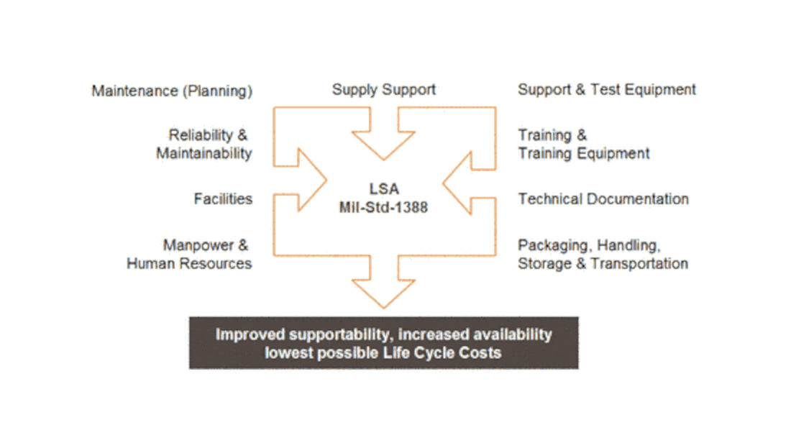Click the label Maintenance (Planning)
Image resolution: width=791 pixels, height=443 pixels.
pos(172,91)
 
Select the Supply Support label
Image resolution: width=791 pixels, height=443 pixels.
pos(384,90)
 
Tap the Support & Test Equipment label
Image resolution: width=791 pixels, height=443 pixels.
pos(607,90)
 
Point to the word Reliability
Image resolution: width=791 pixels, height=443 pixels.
pos(201,135)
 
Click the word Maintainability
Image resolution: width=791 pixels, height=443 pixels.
pos(204,153)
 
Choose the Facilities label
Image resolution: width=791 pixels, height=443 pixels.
pos(223,198)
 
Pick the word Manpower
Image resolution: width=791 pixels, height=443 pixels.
pos(198,245)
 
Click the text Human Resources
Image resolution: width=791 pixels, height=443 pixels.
pos(189,263)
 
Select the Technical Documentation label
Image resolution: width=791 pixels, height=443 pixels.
pos(603,198)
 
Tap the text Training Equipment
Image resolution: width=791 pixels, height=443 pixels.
pos(584,153)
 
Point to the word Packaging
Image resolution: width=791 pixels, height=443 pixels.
pos(554,245)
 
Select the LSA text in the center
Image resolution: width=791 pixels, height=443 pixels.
pos(384,189)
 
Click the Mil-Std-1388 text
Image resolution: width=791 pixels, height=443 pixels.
pos(383,207)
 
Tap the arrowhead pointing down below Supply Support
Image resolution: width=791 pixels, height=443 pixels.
pos(383,145)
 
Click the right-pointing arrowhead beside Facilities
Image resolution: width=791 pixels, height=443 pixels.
pos(312,180)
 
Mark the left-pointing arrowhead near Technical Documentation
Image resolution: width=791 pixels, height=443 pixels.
pos(457,183)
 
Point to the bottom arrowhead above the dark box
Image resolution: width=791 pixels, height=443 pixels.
pos(383,293)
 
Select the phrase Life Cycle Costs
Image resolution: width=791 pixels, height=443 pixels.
pos(442,352)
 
